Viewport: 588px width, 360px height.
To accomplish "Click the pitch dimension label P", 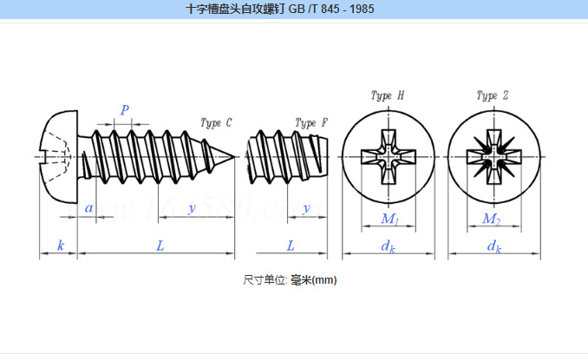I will pos(125,110).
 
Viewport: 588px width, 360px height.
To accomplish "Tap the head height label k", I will pos(60,245).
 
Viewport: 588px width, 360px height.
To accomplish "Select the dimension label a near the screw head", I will pos(88,208).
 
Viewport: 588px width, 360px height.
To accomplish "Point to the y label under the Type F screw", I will pos(307,208).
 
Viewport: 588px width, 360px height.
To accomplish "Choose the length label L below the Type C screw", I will pos(160,245).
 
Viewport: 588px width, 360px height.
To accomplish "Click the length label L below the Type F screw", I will pos(290,245).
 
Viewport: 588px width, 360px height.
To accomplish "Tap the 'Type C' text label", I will pos(216,123).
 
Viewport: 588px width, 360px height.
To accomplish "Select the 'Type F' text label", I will pos(310,123).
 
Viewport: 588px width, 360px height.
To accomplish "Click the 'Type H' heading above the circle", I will pos(387,95).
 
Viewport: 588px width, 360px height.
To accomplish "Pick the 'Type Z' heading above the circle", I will pos(492,95).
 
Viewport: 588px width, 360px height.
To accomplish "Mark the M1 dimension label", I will pos(389,219).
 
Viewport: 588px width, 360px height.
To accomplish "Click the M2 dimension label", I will pos(492,219).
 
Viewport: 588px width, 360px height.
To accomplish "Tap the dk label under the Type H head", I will pos(389,246).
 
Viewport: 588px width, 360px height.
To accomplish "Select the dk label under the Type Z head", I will pos(493,246).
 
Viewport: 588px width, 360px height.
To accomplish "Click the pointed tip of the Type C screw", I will pos(234,157).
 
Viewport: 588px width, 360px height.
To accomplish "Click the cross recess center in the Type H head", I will pos(388,157).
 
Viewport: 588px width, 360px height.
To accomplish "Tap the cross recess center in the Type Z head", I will pos(493,157).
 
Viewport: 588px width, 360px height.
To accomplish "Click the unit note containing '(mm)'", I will pos(290,279).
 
